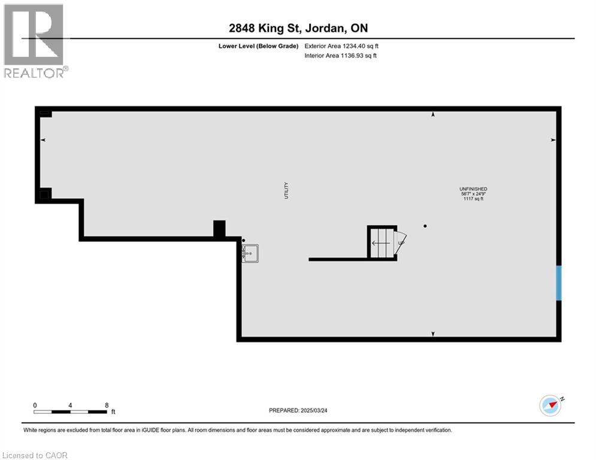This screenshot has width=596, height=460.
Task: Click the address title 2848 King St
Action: [298, 28]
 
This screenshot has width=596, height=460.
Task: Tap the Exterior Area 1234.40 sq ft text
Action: [341, 46]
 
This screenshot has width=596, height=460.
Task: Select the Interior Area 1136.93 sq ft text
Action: [340, 56]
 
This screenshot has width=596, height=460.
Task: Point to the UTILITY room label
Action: [286, 190]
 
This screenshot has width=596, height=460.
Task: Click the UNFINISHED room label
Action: [473, 189]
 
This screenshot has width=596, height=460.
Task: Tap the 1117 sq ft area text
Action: [473, 199]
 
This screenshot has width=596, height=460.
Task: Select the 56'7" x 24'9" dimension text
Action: [473, 194]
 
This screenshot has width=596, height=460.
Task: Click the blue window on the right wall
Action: [558, 283]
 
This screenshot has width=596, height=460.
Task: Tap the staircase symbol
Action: [381, 243]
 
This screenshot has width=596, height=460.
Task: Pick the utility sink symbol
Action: [250, 253]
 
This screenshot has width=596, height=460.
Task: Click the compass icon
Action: [550, 405]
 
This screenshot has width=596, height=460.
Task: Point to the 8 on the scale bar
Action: [107, 405]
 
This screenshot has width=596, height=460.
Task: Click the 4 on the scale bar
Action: [71, 405]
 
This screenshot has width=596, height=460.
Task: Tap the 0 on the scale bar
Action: [35, 405]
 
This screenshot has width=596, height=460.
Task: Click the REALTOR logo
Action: [35, 41]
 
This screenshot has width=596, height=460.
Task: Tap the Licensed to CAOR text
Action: [35, 455]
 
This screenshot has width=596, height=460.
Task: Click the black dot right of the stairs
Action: [425, 226]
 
